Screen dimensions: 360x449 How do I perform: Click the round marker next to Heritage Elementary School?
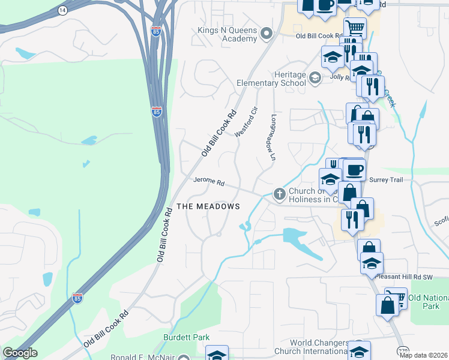(315, 77)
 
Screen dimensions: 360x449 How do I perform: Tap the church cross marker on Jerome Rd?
(279, 194)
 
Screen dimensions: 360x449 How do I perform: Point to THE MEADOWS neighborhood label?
(208, 206)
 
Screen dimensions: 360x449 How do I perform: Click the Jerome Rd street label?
(208, 181)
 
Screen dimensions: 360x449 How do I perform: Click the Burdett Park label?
(187, 338)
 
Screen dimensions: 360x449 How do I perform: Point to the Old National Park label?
(428, 302)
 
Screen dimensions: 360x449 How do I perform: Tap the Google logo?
(20, 353)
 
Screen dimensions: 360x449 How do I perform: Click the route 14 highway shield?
(62, 11)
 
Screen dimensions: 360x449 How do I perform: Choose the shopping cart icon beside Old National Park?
(396, 297)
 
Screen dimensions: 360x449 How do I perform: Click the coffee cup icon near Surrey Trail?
(355, 170)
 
